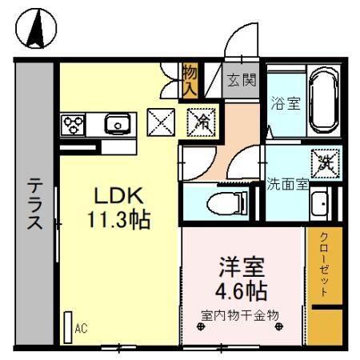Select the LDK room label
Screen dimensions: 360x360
pyautogui.click(x=119, y=196)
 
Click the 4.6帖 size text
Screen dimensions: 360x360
pyautogui.click(x=241, y=288)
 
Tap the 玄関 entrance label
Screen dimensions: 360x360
pyautogui.click(x=239, y=80)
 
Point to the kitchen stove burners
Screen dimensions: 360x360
pyautogui.click(x=74, y=124)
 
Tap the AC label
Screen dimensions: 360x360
pyautogui.click(x=80, y=328)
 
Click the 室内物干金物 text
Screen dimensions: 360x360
pyautogui.click(x=240, y=314)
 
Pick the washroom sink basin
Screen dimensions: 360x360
pyautogui.click(x=321, y=203)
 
